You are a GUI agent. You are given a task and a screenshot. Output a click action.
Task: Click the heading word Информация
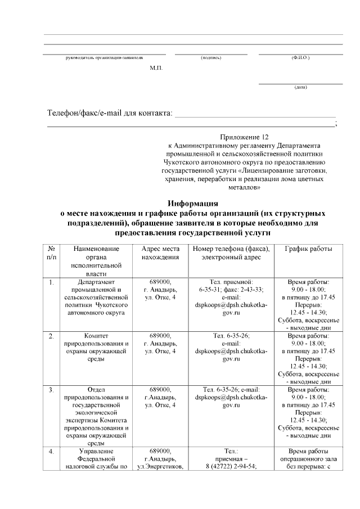(x=193, y=204)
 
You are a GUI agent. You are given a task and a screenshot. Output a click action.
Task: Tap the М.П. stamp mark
(x=156, y=67)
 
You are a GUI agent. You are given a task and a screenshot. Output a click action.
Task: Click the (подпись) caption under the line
(x=211, y=58)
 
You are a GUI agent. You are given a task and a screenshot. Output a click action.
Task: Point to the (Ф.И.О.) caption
(x=300, y=58)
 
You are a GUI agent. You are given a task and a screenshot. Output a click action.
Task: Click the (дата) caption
(x=300, y=87)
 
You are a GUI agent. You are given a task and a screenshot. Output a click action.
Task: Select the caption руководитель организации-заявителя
(x=105, y=58)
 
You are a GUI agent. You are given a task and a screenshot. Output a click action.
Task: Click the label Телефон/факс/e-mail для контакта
(x=109, y=114)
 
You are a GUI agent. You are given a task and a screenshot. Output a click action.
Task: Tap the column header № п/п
(x=51, y=253)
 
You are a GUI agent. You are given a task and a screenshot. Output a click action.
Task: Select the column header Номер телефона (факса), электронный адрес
(x=231, y=253)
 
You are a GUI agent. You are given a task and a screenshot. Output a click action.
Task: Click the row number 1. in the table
(x=51, y=282)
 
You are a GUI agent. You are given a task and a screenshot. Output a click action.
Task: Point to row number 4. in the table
(x=51, y=451)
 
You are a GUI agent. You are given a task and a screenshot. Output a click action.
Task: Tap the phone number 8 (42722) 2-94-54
(x=231, y=467)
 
